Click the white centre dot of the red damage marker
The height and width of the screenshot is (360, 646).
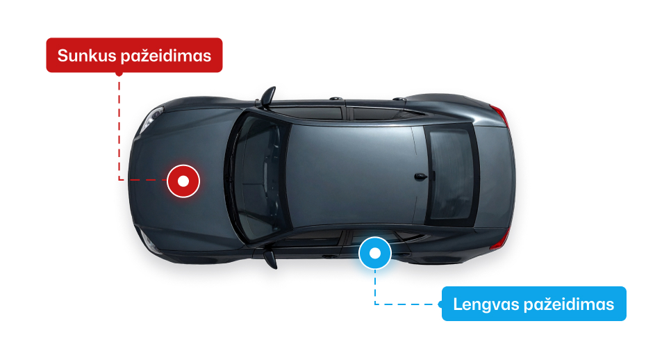[x=183, y=181]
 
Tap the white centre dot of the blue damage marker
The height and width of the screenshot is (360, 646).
[x=375, y=253]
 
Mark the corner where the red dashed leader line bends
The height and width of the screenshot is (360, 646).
[x=119, y=180]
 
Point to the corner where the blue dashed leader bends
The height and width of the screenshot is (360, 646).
[x=375, y=304]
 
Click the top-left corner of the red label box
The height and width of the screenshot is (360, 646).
[x=47, y=38]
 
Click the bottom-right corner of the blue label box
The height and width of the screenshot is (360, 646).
[x=627, y=320]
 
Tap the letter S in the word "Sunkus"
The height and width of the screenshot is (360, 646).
[x=63, y=56]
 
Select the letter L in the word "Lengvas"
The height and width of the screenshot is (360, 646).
[x=457, y=304]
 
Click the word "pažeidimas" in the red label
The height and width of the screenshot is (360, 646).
[x=166, y=56]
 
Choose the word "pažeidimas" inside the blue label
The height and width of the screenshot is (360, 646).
[x=569, y=304]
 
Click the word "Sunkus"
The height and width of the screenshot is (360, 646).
[x=88, y=56]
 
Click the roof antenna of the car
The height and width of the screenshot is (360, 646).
[x=420, y=177]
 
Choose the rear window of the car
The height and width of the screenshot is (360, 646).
[x=450, y=174]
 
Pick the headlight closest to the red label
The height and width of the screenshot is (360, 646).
[x=151, y=119]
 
